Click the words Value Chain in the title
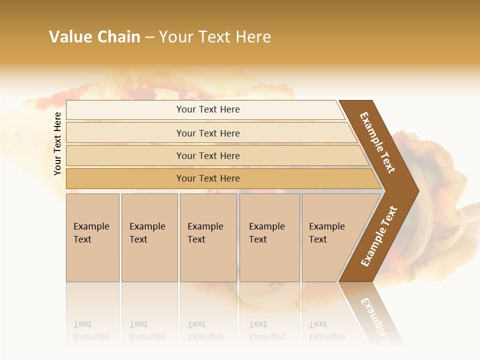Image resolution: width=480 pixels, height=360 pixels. click(94, 37)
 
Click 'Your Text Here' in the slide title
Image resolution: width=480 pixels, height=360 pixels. click(215, 37)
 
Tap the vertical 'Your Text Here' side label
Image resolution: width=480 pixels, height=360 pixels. click(57, 143)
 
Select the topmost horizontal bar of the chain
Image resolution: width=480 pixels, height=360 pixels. click(207, 109)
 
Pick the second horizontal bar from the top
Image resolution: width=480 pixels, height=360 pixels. click(207, 133)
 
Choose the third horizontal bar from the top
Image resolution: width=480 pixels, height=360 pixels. click(207, 155)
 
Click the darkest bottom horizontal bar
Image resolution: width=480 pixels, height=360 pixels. click(207, 178)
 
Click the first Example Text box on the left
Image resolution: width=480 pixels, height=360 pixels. click(92, 237)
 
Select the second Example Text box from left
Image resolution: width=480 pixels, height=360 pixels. click(149, 237)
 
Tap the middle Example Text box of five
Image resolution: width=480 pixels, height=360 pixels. click(208, 237)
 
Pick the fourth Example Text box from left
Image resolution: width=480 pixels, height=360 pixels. click(269, 237)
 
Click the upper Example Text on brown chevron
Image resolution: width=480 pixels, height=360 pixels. click(377, 142)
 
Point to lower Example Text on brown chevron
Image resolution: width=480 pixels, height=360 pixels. click(378, 236)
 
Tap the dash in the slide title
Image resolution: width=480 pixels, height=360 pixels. click(149, 37)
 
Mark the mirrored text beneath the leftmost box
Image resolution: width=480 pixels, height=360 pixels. click(91, 330)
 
